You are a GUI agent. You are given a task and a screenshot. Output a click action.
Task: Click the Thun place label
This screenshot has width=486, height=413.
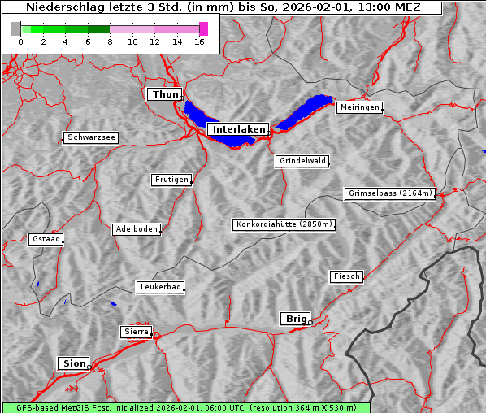pos(164,95)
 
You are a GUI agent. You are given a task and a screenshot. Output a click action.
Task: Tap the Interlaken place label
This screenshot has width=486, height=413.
pos(238,129)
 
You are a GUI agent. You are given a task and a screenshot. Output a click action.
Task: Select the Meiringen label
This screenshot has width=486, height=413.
pos(358,107)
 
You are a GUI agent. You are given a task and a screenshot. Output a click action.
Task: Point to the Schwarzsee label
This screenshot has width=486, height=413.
pos(91,138)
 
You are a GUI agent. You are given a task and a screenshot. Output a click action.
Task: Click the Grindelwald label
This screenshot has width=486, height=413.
pos(303,161)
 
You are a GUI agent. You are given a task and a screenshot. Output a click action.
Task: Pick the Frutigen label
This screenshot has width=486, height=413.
pos(171,180)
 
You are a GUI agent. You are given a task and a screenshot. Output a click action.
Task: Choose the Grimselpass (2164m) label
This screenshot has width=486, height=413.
pos(390,193)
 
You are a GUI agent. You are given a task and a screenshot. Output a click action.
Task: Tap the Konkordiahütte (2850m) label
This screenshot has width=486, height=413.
pos(284,224)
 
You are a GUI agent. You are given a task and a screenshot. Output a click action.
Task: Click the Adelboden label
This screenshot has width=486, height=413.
pos(136,229)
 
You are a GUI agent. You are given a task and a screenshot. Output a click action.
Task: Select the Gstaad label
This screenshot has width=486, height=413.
pos(46,239)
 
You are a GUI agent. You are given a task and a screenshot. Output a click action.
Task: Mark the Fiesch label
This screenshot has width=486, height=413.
pos(346,276)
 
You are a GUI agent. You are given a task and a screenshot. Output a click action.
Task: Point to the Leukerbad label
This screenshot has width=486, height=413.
pos(159,287)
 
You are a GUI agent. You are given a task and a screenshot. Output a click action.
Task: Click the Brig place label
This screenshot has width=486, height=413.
pos(294,319)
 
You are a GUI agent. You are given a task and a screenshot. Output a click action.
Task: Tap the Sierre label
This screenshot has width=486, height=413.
pos(136,332)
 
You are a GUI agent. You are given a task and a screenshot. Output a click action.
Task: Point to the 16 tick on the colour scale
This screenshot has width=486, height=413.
pos(199,41)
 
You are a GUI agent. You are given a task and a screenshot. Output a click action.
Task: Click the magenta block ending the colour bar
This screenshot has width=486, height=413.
pos(204,28)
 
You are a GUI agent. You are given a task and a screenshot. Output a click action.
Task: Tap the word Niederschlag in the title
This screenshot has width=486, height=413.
pos(59,7)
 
